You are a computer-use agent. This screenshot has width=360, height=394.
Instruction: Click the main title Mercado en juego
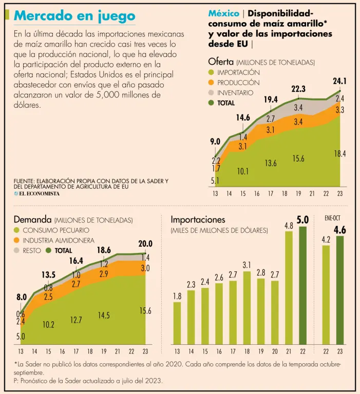pos(75,16)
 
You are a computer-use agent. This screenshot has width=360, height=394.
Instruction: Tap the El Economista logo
pos(37,193)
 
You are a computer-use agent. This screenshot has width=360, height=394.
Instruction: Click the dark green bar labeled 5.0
pos(303,285)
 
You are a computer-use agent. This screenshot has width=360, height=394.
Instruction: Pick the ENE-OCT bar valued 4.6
pos(340,290)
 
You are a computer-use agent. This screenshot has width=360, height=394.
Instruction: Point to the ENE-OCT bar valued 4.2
pos(326,295)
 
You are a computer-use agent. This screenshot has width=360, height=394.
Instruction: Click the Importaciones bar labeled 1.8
pos(177,323)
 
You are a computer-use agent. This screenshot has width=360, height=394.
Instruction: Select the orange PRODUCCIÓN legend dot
pos(211,82)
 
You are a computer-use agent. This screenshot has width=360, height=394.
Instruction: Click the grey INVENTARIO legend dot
pos(211,92)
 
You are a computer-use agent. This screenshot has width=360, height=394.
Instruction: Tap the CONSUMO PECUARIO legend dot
pos(17,230)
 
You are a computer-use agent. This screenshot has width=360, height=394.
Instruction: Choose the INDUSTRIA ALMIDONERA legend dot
pos(17,241)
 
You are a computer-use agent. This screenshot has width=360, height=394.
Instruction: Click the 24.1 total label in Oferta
pos(339,81)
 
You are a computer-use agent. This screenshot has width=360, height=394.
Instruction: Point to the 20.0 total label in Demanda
pos(145,244)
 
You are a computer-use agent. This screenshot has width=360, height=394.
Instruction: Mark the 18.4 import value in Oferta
pos(339,153)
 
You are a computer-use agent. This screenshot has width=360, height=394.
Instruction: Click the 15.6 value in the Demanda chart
pos(145,310)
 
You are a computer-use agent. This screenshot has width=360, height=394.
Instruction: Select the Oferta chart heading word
pos(221,62)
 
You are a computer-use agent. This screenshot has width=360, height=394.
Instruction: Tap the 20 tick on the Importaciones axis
pos(275,352)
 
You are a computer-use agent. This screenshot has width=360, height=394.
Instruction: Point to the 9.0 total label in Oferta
pos(215,142)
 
